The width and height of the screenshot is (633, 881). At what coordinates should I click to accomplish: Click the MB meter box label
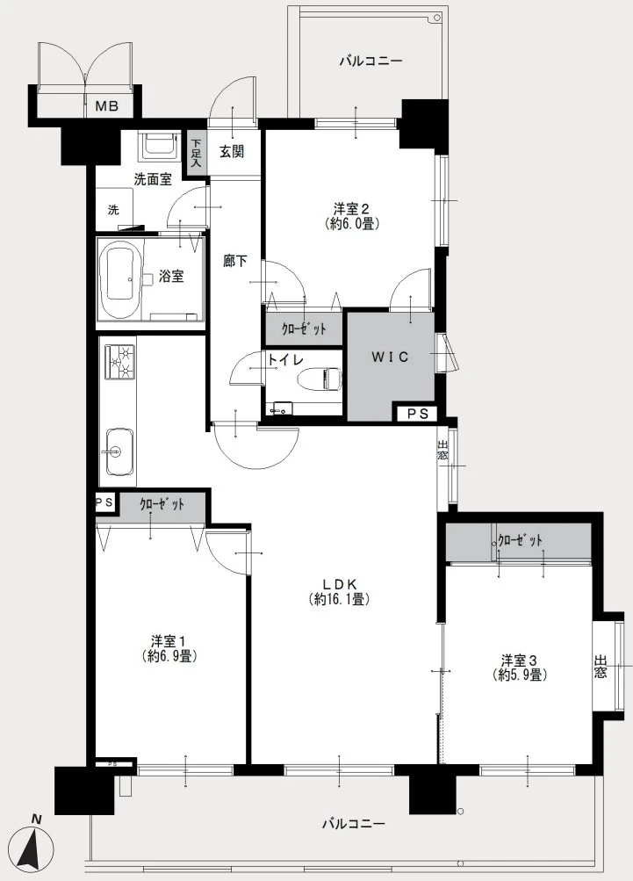[106, 105]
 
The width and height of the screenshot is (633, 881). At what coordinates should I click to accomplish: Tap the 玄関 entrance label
[232, 151]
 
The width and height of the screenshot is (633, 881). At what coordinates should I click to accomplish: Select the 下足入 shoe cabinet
[196, 154]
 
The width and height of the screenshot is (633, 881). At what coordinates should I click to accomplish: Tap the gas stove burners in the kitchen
[119, 362]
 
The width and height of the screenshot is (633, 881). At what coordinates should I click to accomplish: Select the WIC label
[390, 357]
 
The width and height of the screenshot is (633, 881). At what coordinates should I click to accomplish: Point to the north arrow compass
[33, 845]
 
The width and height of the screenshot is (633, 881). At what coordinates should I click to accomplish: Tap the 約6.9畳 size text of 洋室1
[169, 655]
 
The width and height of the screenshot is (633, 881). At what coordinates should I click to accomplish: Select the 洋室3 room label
[520, 659]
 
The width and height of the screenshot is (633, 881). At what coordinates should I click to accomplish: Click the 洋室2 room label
[351, 209]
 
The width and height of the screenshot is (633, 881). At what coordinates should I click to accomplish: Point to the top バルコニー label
[370, 61]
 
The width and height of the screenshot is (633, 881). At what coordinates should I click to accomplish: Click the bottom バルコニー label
[354, 824]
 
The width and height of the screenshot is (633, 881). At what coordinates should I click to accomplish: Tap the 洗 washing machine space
[114, 210]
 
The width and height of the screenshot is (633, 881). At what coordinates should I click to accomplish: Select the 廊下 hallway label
[234, 261]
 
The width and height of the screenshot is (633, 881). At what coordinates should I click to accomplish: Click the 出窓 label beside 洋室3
[601, 666]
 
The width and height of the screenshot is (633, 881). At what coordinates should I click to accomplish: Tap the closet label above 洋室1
[162, 504]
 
